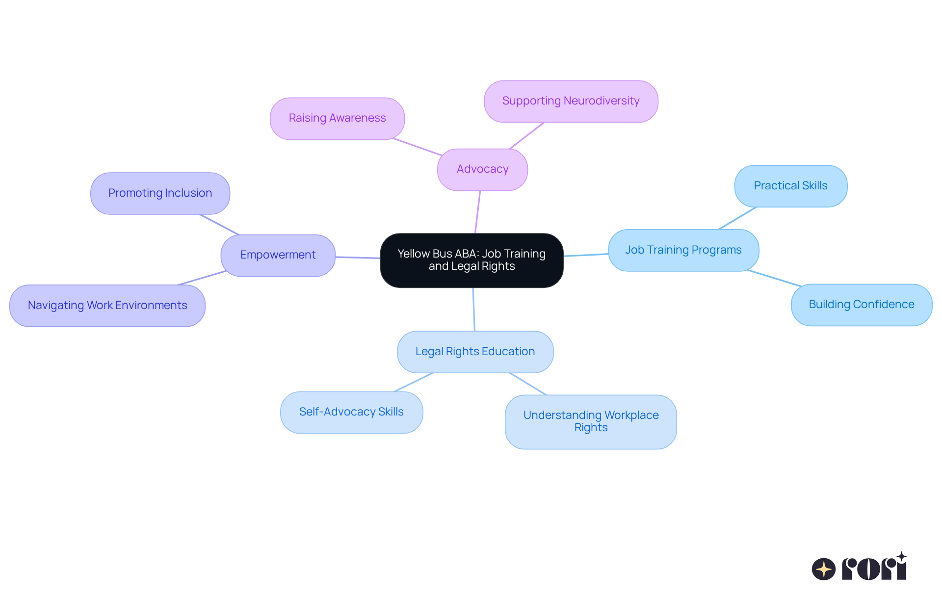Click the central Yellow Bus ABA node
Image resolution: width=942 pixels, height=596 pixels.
pos(471,260)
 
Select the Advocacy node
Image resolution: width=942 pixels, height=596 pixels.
pos(482,169)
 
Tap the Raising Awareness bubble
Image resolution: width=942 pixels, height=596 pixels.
pos(337,118)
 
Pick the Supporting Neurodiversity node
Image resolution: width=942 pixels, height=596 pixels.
pos(571,101)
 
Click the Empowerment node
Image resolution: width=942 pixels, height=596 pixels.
pos(278,255)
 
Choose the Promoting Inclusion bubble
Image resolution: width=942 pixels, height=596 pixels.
pos(160,193)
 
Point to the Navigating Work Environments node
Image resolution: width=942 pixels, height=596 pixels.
pos(107,306)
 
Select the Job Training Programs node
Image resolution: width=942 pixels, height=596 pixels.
pos(683,250)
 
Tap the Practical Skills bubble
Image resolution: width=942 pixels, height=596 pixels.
pos(790,186)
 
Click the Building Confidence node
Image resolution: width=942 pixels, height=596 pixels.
pos(861,305)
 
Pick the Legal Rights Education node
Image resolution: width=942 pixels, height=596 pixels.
pos(475,352)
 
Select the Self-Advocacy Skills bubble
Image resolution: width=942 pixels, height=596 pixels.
pos(351,412)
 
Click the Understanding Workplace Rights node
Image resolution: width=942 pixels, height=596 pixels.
pos(591,421)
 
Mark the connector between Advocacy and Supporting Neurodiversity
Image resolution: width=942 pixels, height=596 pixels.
pos(527,135)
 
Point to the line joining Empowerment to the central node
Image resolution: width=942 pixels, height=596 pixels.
pos(358,258)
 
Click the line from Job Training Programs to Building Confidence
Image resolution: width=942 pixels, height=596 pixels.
pos(774,278)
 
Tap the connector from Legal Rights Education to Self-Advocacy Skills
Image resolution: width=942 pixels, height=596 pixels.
pos(413,382)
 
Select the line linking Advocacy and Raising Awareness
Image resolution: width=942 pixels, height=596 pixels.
pos(417,147)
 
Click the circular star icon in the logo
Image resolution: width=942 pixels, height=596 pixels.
pos(823,569)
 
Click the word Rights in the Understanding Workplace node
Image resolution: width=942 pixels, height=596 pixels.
pos(591,428)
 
